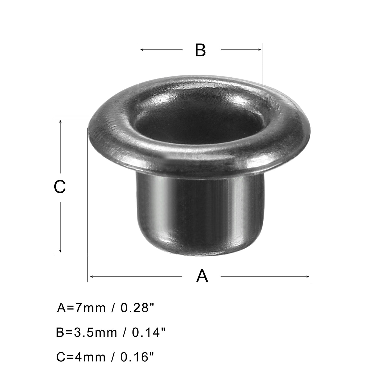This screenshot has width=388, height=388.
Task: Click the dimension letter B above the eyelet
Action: (200, 50)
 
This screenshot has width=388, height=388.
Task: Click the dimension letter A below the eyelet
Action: (202, 276)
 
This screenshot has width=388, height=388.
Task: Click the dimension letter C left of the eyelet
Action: (60, 187)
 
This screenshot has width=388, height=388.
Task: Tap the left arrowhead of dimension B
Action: (142, 50)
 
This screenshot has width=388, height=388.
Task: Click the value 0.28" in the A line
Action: (137, 308)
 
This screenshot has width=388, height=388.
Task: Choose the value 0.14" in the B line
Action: (149, 332)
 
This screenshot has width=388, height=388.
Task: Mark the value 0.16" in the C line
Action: (137, 357)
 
